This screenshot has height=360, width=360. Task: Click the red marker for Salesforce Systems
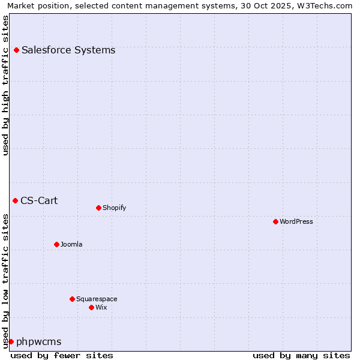pos(16,50)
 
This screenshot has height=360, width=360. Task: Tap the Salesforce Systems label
pos(68,50)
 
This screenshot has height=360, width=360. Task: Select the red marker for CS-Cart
pos(15,200)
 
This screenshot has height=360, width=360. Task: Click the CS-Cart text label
pos(39,200)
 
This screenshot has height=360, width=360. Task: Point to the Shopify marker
pos(98,208)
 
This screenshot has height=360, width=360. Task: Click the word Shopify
pos(114,208)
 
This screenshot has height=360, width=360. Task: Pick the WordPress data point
pos(275,222)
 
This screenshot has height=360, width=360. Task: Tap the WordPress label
pos(296,222)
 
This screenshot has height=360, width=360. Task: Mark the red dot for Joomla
pos(56,244)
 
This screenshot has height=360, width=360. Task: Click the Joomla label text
pos(71,245)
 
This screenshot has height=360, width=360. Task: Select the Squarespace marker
pos(72,299)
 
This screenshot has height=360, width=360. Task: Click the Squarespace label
pos(97,299)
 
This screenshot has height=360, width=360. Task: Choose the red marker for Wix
pos(91,307)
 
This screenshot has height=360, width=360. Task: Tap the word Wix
pos(101,307)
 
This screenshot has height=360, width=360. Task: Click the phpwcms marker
pos(11,341)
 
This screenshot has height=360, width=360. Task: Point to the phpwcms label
pos(39,342)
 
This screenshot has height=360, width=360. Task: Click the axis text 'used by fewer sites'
pos(62,355)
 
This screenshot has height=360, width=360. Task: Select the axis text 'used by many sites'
pos(301,355)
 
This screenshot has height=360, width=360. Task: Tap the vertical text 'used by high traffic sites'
pos(6,85)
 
